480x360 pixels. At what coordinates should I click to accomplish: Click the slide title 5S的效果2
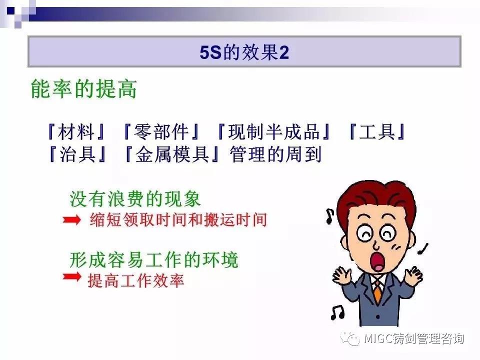click(244, 52)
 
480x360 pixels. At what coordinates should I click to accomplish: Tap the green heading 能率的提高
click(84, 89)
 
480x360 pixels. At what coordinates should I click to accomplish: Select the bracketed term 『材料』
click(76, 131)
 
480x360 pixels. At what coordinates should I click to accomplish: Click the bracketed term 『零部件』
click(160, 131)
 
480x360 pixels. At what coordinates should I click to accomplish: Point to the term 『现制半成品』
click(273, 131)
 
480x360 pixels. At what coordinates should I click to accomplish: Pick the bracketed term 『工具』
click(377, 131)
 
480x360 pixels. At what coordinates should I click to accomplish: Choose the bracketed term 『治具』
click(77, 153)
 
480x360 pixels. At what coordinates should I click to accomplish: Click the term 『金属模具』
click(172, 153)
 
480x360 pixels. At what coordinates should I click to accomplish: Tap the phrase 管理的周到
click(275, 154)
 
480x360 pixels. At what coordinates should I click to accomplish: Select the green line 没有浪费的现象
click(135, 199)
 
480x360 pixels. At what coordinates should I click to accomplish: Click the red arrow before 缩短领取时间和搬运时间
click(71, 219)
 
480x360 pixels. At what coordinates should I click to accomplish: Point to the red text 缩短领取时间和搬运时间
click(178, 219)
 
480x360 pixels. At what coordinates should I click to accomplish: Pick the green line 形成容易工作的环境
click(153, 260)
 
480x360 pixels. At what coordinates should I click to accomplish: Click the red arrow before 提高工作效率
click(71, 276)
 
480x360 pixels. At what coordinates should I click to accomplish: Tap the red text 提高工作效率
click(136, 280)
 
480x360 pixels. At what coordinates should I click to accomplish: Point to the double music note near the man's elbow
click(337, 312)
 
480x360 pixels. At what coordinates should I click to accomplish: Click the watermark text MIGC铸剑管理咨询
click(414, 338)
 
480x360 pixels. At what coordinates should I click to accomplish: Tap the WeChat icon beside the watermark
click(351, 338)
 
